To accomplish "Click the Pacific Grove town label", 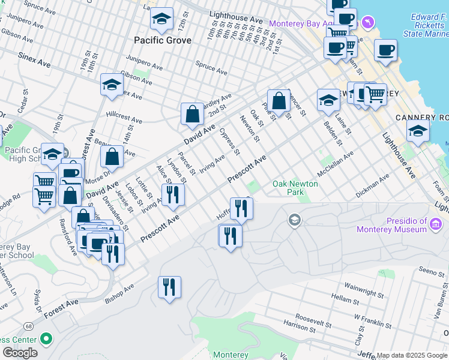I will pyautogui.click(x=163, y=40).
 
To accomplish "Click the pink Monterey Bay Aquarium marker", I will pyautogui.click(x=368, y=23).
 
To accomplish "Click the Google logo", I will pyautogui.click(x=20, y=353).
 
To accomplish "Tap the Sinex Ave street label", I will pyautogui.click(x=34, y=62).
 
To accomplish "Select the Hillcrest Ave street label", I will pyautogui.click(x=124, y=116).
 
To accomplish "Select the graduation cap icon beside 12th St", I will pyautogui.click(x=161, y=19).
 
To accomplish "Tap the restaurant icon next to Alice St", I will pyautogui.click(x=173, y=194).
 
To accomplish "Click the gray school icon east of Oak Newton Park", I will pyautogui.click(x=294, y=220).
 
